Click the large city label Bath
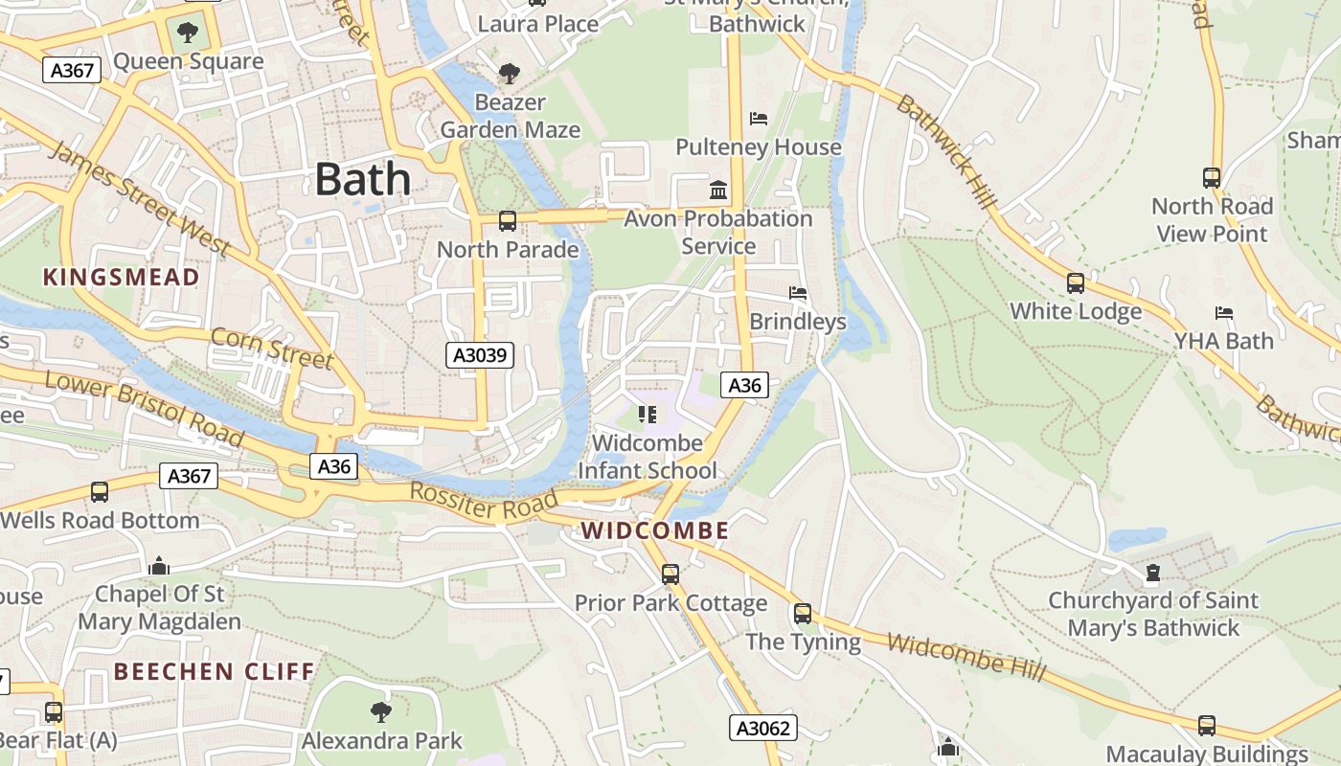[362, 179]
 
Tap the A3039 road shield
[480, 356]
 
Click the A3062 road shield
[762, 729]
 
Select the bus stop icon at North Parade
[508, 221]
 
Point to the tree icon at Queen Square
[188, 33]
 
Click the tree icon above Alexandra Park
[381, 711]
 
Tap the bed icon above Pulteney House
[759, 119]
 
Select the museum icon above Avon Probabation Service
[718, 190]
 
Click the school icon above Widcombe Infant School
[648, 415]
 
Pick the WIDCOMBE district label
[655, 530]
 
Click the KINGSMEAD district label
[122, 278]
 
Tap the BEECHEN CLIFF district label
[214, 671]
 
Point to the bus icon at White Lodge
[1076, 283]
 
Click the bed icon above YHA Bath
[1224, 313]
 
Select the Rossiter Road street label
[484, 502]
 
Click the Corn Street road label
[272, 348]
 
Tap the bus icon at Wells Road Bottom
[100, 492]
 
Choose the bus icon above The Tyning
[803, 614]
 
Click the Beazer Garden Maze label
[511, 116]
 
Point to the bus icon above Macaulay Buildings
[1207, 726]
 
